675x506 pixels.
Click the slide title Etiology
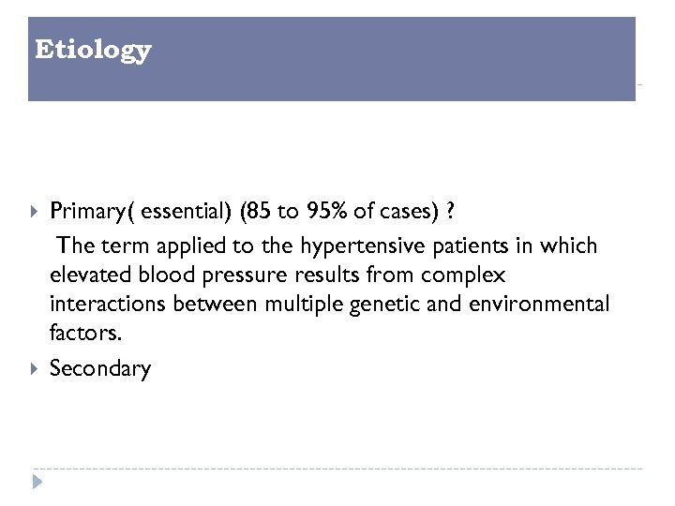(92, 50)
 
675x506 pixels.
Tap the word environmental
(530, 305)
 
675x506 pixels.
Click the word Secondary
(99, 368)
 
